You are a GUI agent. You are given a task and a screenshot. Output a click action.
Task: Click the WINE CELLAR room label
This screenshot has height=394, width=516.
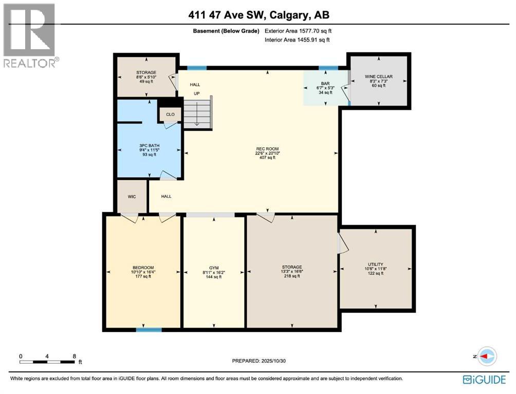[x=379, y=76]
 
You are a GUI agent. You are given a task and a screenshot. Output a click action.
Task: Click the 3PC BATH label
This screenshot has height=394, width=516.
[x=149, y=146]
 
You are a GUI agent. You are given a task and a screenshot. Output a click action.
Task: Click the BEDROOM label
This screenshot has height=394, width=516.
[x=143, y=267]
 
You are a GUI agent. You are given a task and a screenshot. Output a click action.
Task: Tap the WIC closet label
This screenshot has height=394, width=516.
[x=132, y=196]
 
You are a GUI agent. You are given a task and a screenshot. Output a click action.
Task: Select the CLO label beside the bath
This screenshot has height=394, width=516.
[x=170, y=115]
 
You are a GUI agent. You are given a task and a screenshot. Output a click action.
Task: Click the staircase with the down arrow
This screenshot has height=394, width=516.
[x=197, y=113]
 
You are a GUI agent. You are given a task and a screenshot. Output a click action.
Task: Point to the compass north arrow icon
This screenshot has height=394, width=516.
[x=486, y=356]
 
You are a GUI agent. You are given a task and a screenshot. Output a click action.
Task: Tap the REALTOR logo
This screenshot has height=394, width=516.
[x=30, y=36]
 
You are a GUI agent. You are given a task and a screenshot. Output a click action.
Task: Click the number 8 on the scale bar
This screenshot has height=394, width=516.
[x=74, y=356]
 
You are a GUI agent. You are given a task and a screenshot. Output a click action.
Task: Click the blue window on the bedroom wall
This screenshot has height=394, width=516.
[x=145, y=329]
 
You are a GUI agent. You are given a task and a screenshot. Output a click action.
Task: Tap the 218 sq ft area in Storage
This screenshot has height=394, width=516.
[x=291, y=276]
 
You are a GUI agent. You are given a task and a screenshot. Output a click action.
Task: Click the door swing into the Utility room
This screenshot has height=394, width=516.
[x=343, y=244]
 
